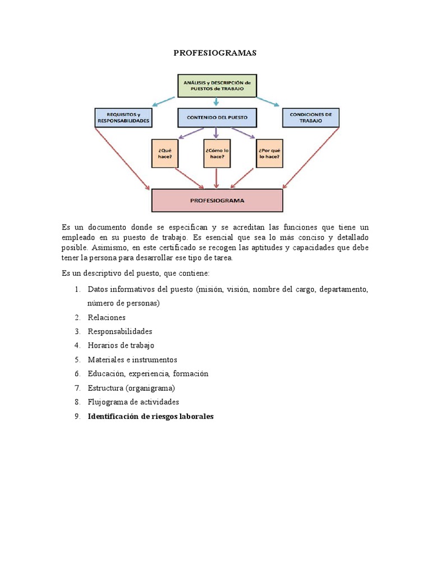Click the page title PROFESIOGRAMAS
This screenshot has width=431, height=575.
point(215,53)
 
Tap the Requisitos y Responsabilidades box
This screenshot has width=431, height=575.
point(123,117)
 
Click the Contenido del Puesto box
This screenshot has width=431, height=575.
point(217,117)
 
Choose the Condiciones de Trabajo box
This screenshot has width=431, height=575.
point(310,117)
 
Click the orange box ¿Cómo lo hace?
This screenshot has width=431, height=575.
point(217,153)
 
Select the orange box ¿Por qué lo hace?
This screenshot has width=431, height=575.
point(269,153)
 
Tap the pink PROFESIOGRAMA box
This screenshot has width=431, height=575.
point(217,200)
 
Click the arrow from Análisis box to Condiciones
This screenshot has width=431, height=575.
point(268,101)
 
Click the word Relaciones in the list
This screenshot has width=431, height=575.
point(107,317)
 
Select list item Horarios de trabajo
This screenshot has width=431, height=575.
point(121,345)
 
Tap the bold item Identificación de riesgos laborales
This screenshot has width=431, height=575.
point(150,417)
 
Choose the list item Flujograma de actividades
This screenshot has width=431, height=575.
point(133,402)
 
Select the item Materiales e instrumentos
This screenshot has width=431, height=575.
point(132,359)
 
